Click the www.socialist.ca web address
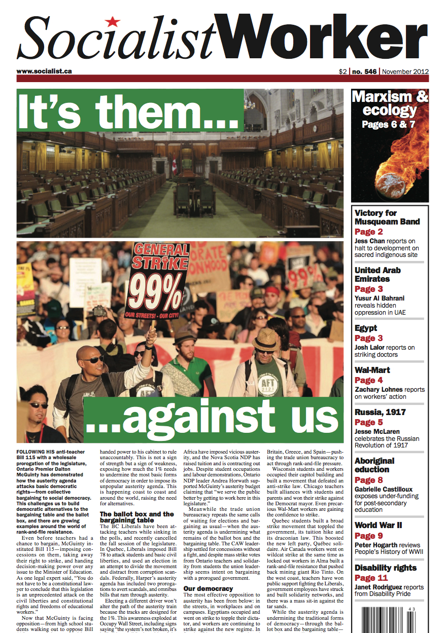(42, 71)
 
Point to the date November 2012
(405, 71)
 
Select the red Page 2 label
(369, 232)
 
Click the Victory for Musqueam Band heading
(387, 217)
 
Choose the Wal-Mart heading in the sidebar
(372, 370)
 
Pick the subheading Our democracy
(208, 588)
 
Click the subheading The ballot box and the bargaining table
(136, 517)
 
